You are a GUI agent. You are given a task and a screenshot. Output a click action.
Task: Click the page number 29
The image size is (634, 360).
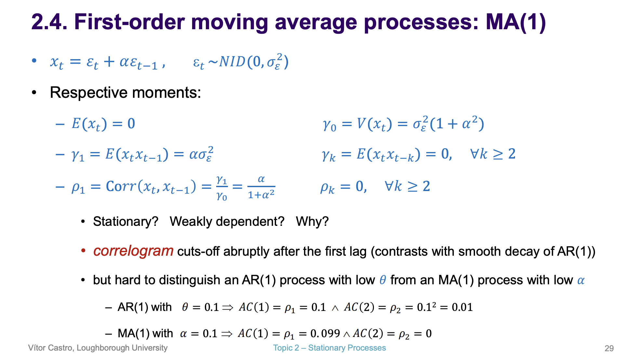coord(609,348)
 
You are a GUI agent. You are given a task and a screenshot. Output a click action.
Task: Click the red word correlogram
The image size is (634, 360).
coord(133,251)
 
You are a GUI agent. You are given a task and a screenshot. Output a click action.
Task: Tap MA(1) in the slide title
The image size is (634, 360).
coord(516,22)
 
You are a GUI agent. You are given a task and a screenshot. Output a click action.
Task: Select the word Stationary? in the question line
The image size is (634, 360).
coord(125,222)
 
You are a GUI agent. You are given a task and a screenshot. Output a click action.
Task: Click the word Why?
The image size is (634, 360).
coord(312,222)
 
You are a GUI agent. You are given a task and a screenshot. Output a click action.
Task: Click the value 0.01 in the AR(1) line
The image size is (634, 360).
coord(462,307)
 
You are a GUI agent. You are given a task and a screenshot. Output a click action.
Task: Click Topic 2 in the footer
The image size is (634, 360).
coord(286,348)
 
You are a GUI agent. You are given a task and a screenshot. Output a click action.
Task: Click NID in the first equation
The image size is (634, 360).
coord(232,62)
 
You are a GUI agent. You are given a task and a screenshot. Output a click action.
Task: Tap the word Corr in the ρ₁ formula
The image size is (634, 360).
coord(121,186)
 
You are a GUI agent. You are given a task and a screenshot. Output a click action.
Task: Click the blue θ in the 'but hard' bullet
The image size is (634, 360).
coord(383,280)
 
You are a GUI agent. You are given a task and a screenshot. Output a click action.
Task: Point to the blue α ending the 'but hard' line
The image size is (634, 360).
coord(581,280)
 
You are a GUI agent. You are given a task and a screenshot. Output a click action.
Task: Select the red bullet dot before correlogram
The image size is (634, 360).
coord(84,251)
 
